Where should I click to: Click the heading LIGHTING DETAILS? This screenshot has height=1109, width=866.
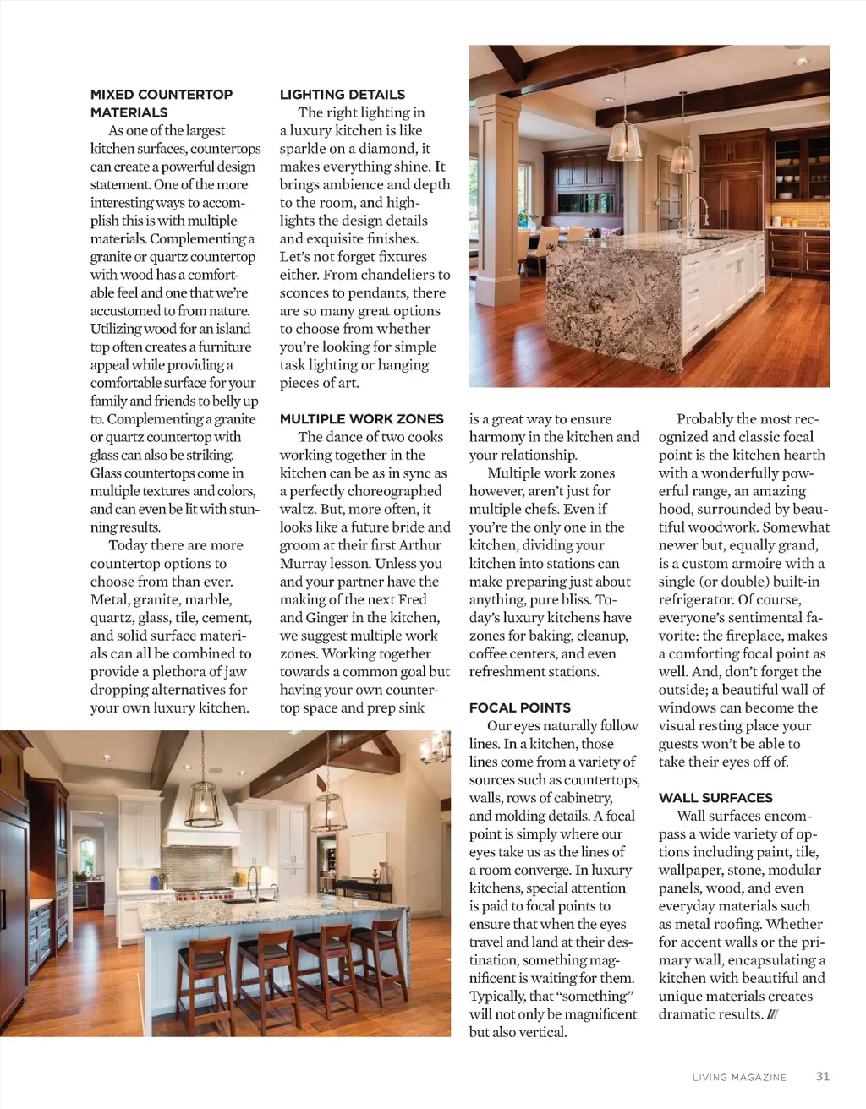coord(343,95)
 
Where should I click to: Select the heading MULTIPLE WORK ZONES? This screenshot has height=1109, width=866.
coord(362,418)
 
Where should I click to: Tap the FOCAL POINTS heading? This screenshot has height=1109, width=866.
coord(520,707)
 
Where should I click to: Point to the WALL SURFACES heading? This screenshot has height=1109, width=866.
coord(715,797)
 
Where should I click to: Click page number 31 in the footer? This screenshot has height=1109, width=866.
coord(823,1076)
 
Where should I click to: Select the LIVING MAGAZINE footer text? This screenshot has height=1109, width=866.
coord(739,1077)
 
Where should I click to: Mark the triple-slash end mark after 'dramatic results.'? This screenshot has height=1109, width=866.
coord(771,1014)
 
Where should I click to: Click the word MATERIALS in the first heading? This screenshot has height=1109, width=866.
coord(129,112)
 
